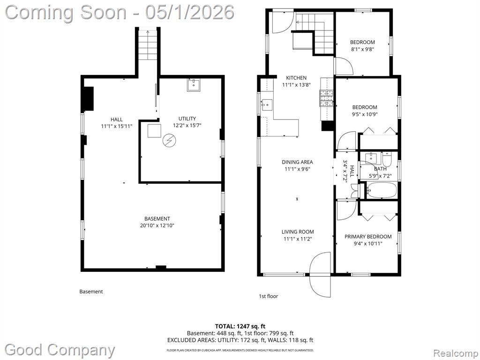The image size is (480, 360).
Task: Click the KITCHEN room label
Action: [296, 78]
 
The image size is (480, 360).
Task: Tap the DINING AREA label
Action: [297, 162]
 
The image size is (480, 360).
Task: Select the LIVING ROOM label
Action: [298, 232]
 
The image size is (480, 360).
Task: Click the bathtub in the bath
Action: [382, 190]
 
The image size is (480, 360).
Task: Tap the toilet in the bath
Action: [387, 158]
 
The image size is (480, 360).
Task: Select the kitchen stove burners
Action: [326, 98]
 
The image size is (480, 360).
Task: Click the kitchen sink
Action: [267, 105]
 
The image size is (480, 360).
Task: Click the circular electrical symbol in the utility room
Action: [169, 141]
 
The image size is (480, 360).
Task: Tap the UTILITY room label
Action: [187, 119]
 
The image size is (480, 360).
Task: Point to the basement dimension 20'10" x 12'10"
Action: [157, 225]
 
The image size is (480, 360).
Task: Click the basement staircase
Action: [148, 45]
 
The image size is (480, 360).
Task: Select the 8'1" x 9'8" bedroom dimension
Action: [362, 49]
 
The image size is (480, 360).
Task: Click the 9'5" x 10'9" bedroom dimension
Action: [365, 114]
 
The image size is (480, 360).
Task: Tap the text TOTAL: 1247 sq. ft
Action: [238, 326]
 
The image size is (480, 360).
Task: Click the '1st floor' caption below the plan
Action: [269, 296]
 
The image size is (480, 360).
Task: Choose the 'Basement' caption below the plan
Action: [91, 292]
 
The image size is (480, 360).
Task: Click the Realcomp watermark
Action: [455, 353]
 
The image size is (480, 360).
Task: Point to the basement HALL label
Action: [117, 120]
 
